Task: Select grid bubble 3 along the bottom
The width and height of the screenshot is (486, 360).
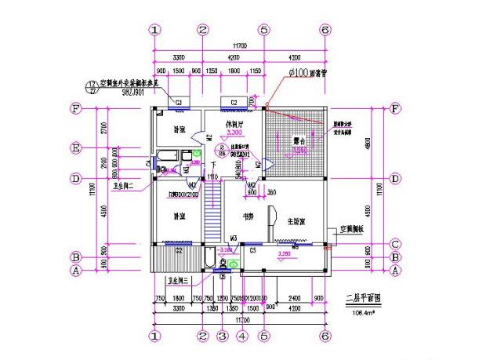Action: (222, 336)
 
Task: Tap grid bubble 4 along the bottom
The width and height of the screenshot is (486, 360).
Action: (242, 336)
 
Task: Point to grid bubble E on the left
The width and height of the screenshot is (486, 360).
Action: (77, 147)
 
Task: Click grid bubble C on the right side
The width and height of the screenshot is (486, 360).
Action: (395, 243)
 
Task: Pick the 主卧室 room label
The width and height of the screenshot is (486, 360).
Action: (295, 222)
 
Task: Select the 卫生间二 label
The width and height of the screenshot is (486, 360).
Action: (126, 187)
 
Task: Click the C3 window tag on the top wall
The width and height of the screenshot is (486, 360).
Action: (179, 103)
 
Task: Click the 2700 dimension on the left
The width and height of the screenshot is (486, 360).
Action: (103, 127)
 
